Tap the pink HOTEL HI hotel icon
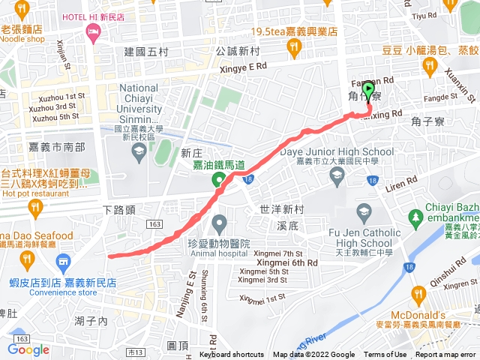click(x=93, y=31)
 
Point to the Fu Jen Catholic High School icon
click(x=364, y=212)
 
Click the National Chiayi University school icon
click(x=139, y=152)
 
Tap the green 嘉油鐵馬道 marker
click(x=219, y=179)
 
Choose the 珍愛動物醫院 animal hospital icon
click(x=219, y=223)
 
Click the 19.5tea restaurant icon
click(x=295, y=49)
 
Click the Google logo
click(x=28, y=349)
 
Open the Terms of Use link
click(x=385, y=355)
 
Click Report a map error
click(x=446, y=355)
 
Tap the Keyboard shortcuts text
click(x=232, y=355)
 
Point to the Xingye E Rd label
click(x=241, y=66)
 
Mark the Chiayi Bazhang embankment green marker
click(x=416, y=217)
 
